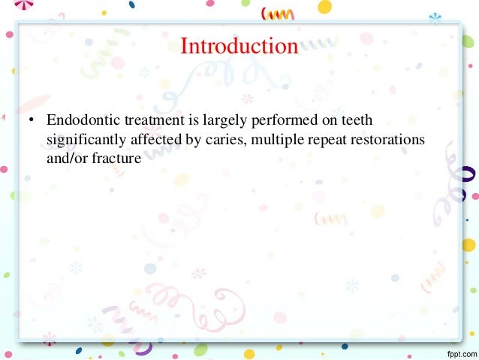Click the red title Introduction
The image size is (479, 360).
[239, 46]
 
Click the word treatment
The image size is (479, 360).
[147, 121]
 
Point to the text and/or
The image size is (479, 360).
[66, 159]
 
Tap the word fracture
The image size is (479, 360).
[115, 159]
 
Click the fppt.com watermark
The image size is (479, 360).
[455, 352]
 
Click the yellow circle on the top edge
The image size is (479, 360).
[324, 7]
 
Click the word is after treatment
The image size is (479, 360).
[185, 121]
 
